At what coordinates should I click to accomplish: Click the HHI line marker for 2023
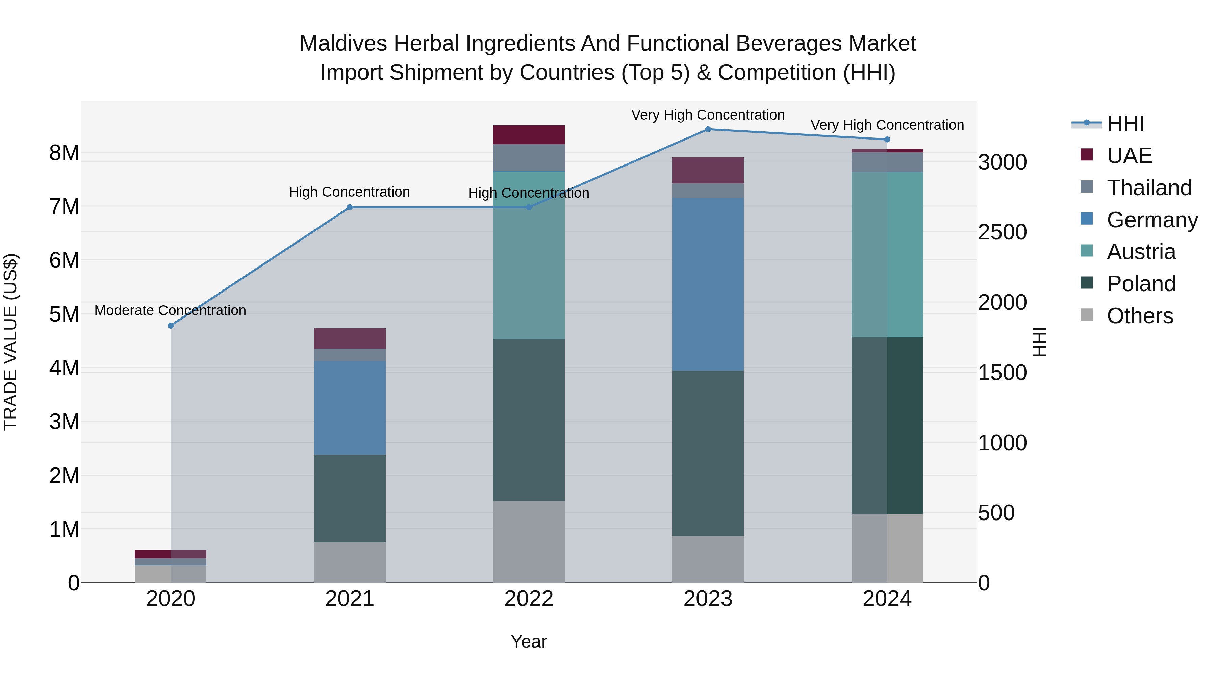click(x=708, y=129)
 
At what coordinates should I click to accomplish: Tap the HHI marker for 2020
click(x=171, y=326)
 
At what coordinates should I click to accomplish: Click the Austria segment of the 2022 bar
click(x=529, y=255)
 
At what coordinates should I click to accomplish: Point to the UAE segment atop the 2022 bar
click(x=529, y=134)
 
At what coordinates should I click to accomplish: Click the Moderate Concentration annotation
click(x=171, y=311)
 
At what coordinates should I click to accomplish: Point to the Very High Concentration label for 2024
click(x=887, y=125)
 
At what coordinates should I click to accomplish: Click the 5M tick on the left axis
click(x=65, y=314)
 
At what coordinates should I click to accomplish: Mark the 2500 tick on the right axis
click(x=1002, y=232)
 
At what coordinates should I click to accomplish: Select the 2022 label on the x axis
click(x=529, y=599)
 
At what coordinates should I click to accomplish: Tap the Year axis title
click(x=529, y=641)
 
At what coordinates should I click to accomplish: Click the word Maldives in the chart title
click(x=343, y=44)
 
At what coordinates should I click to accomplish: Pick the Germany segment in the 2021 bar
click(x=350, y=407)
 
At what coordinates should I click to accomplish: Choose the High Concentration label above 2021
click(x=349, y=192)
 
